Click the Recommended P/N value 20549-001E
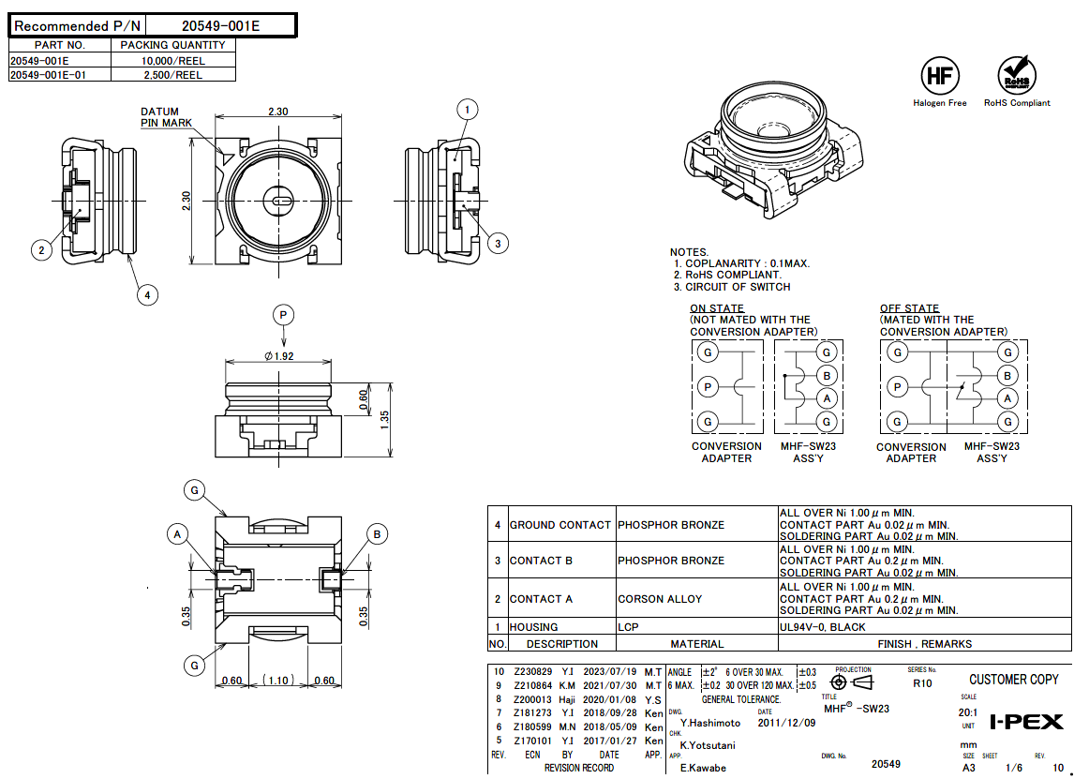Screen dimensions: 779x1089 pyautogui.click(x=220, y=26)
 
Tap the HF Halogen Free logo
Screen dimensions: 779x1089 pyautogui.click(x=939, y=76)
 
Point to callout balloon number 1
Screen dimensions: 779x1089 pyautogui.click(x=467, y=110)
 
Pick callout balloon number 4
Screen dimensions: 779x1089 pyautogui.click(x=146, y=295)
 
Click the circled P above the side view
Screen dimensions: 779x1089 pyautogui.click(x=283, y=314)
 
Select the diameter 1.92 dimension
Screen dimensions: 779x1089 pyautogui.click(x=279, y=356)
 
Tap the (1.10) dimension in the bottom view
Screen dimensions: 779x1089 pyautogui.click(x=279, y=681)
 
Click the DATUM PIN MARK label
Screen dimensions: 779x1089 pyautogui.click(x=166, y=117)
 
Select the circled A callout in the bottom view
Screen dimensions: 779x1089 pyautogui.click(x=178, y=534)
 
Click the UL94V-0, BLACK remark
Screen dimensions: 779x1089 pyautogui.click(x=822, y=627)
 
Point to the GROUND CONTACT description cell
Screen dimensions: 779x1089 pyautogui.click(x=559, y=525)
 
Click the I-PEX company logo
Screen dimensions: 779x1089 pyautogui.click(x=1027, y=722)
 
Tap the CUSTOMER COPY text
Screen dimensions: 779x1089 pyautogui.click(x=1013, y=680)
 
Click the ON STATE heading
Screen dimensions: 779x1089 pyautogui.click(x=717, y=308)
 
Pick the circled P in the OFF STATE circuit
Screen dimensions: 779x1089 pyautogui.click(x=898, y=386)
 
